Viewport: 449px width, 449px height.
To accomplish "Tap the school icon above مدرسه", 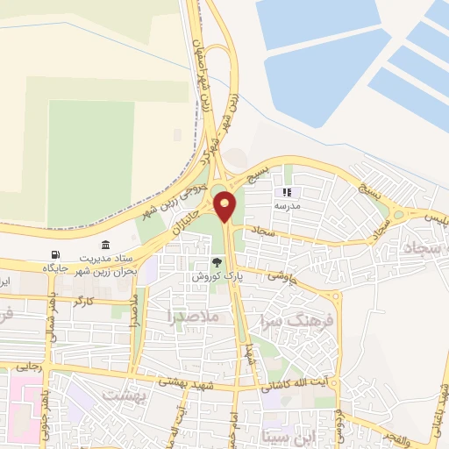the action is click(x=285, y=192).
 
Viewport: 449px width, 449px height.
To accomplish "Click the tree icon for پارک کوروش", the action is click(x=217, y=262).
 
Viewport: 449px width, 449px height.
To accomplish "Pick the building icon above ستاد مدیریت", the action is click(x=106, y=246).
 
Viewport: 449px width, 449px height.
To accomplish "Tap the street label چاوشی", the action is click(x=283, y=276).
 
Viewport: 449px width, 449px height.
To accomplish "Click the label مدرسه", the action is click(x=286, y=204).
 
